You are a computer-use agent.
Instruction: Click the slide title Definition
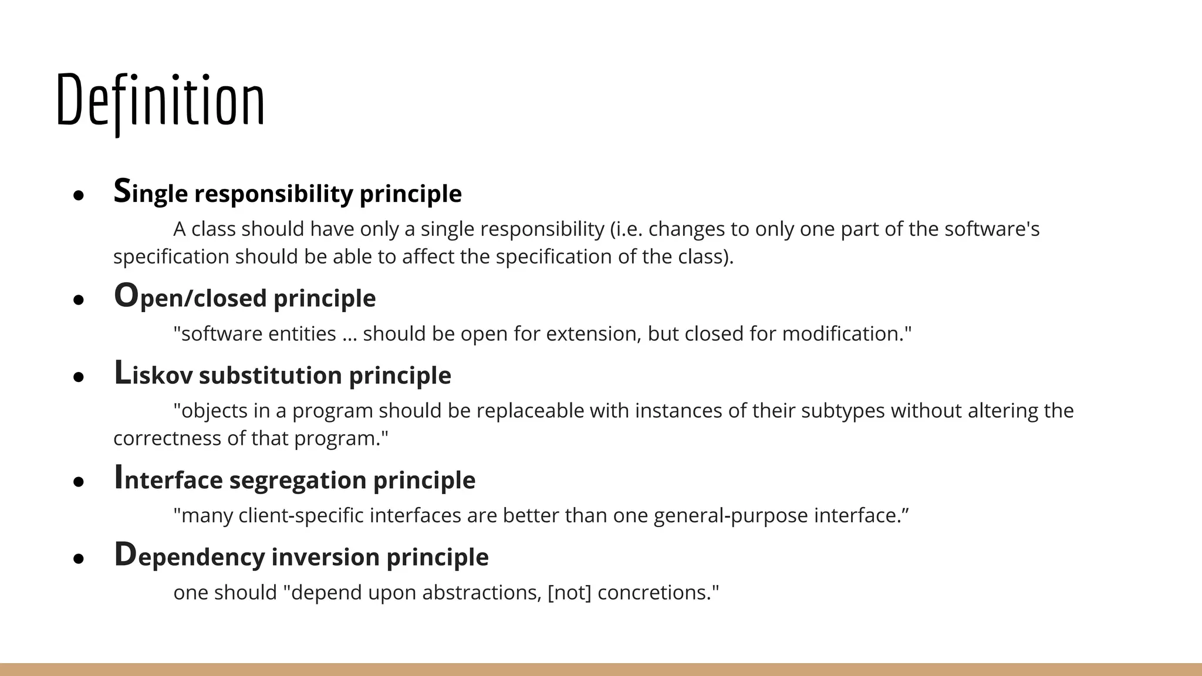(160, 101)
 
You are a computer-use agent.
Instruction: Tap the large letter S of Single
(122, 191)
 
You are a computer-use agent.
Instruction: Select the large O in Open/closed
(126, 296)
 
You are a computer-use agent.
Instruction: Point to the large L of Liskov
(122, 373)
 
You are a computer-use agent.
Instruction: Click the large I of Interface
(118, 478)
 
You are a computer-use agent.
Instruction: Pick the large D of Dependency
(125, 555)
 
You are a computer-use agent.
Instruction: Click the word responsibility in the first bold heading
(274, 194)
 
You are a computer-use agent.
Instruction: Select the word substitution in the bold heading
(270, 376)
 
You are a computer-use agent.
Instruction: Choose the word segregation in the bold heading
(298, 481)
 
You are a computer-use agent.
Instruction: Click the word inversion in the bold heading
(325, 557)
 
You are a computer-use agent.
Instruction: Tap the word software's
(992, 229)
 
